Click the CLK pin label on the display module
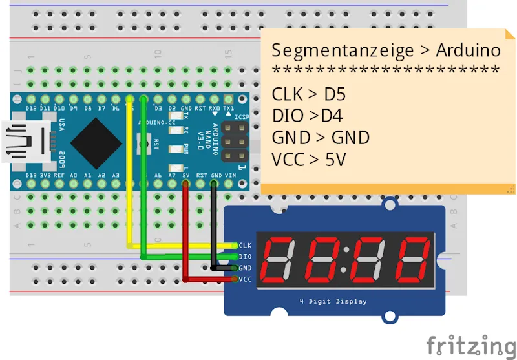[x=245, y=246]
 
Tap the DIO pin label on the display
[x=245, y=257]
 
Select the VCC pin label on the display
[x=245, y=279]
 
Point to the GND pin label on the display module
[x=245, y=268]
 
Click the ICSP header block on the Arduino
[x=235, y=141]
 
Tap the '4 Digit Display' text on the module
[x=333, y=301]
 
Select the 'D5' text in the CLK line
[x=335, y=94]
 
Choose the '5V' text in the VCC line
[x=335, y=158]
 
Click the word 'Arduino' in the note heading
[x=469, y=50]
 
